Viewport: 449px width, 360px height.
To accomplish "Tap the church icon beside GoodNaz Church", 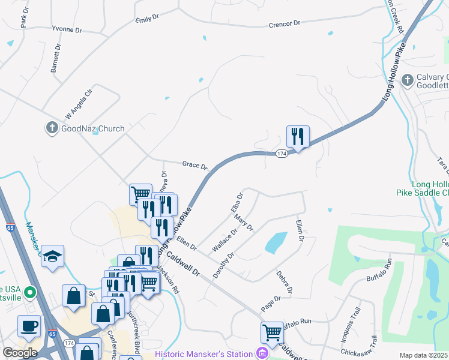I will [x=52, y=128].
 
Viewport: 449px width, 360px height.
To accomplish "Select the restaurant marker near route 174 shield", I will [x=298, y=137].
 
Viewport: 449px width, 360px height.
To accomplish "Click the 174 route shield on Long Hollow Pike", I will [x=281, y=154].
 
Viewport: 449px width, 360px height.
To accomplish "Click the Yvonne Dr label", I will [x=67, y=29].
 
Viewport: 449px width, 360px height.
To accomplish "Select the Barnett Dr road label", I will [x=56, y=58].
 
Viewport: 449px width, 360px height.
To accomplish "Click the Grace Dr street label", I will [x=194, y=164].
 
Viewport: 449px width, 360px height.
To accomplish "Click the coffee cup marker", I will [x=29, y=326].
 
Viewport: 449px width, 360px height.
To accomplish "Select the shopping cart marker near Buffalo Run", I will [x=272, y=332].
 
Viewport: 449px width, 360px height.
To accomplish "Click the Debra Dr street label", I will [x=285, y=283].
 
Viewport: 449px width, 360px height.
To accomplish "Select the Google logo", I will [x=20, y=352].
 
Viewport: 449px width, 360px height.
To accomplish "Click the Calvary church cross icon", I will [x=407, y=80].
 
